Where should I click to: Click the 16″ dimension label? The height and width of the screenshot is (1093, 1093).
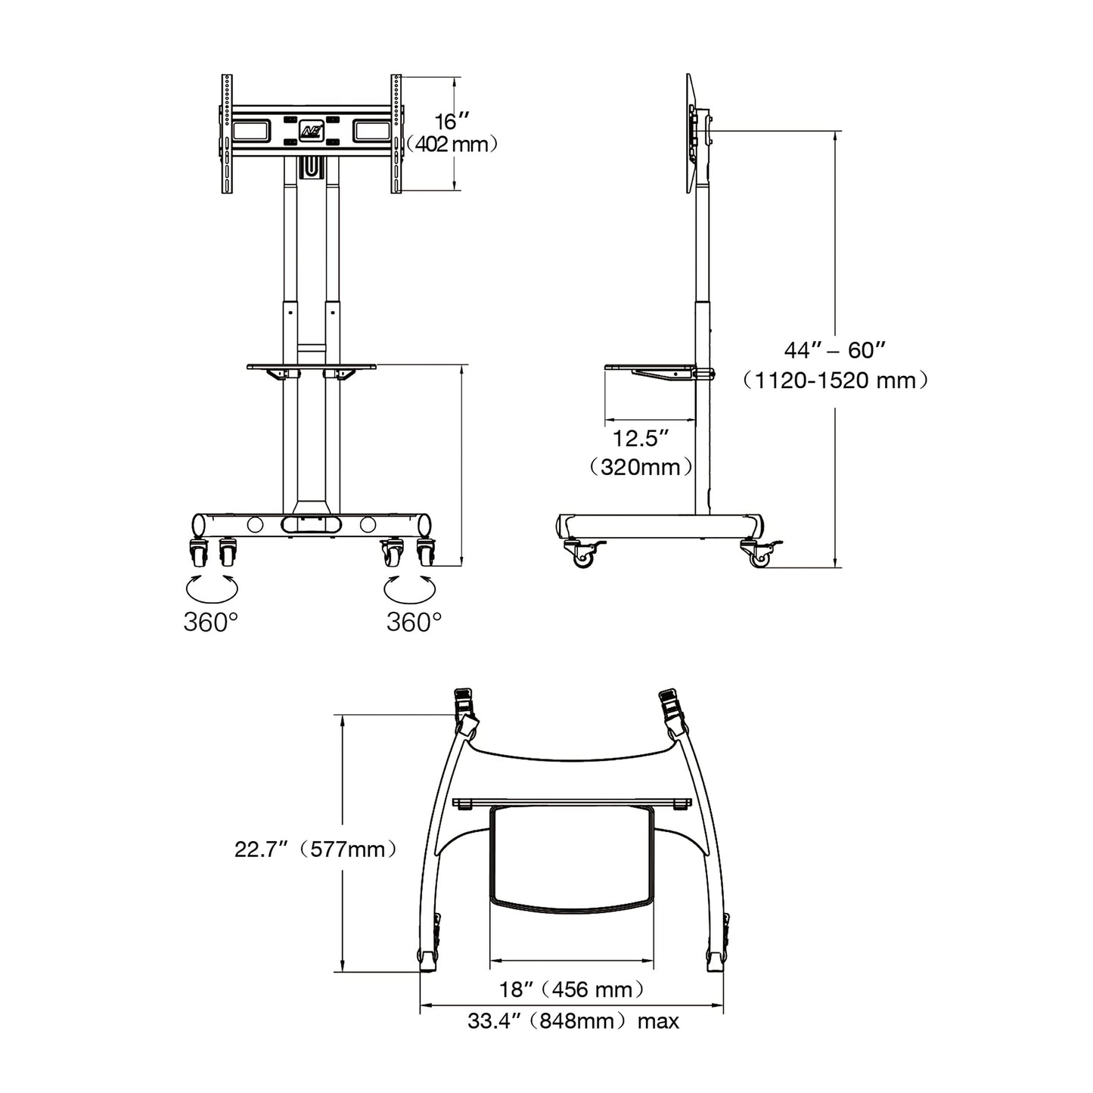click(452, 121)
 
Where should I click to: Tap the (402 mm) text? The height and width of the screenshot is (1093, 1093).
click(452, 144)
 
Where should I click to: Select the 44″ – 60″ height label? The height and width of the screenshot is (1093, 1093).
click(834, 350)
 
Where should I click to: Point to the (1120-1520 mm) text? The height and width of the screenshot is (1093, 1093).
click(834, 380)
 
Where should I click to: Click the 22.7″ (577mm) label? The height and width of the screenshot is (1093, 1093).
click(315, 849)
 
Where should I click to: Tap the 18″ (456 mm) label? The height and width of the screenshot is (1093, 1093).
click(572, 989)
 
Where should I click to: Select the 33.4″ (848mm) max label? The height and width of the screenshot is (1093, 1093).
click(573, 1021)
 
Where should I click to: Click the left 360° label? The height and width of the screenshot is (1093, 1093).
click(211, 622)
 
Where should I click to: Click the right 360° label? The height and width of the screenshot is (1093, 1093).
click(414, 622)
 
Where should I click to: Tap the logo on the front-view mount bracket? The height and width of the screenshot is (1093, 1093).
click(312, 131)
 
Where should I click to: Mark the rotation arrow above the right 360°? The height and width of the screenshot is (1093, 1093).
click(411, 586)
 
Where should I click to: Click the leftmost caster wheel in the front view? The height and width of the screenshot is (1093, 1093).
click(198, 554)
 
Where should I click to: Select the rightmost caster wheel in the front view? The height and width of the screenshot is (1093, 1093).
click(426, 554)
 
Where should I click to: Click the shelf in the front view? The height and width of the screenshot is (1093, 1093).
click(311, 367)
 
